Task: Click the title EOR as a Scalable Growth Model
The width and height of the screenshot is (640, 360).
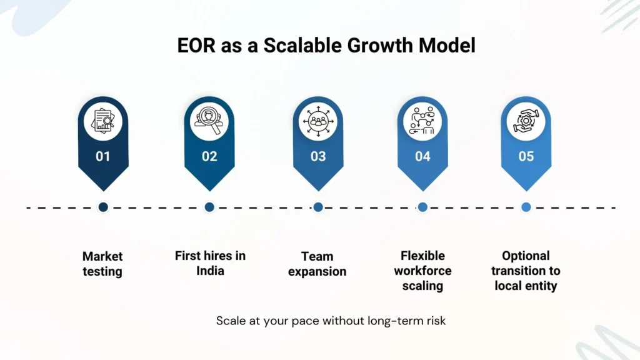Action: click(319, 46)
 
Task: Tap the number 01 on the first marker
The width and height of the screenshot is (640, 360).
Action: click(103, 156)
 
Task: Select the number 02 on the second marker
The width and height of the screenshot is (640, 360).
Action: click(209, 156)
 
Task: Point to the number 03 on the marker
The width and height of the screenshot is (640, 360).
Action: click(318, 156)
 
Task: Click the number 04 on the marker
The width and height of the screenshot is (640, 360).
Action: click(422, 156)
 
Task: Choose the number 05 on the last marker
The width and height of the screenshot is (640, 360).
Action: click(526, 156)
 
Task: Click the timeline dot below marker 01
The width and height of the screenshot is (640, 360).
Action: click(103, 207)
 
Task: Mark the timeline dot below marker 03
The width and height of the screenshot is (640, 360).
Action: click(318, 207)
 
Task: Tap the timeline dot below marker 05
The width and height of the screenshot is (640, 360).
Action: click(526, 207)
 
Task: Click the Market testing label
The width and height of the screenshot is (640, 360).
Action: click(102, 264)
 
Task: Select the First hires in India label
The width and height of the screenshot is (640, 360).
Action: click(209, 263)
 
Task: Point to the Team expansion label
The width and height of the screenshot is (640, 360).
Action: click(317, 264)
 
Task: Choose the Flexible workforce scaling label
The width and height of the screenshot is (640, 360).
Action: click(422, 271)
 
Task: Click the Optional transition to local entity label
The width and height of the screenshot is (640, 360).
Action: click(526, 271)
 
